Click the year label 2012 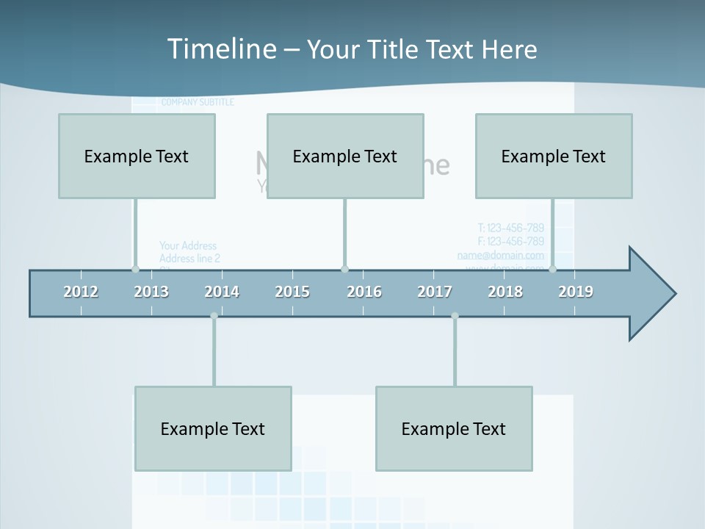tap(81, 292)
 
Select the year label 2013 tap(151, 292)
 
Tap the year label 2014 tap(222, 292)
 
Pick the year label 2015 tap(292, 292)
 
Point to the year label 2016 tap(364, 292)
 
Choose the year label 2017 tap(435, 292)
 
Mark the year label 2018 tap(505, 292)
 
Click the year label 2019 tap(576, 292)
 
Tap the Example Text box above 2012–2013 tap(137, 156)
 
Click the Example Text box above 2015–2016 tap(345, 156)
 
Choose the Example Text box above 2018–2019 tap(554, 156)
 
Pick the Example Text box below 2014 tap(213, 428)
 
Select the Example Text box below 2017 tap(454, 428)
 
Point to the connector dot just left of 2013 tap(135, 269)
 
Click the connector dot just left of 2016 tap(345, 269)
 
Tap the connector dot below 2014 tap(214, 316)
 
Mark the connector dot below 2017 tap(455, 316)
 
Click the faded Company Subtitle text tap(198, 102)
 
